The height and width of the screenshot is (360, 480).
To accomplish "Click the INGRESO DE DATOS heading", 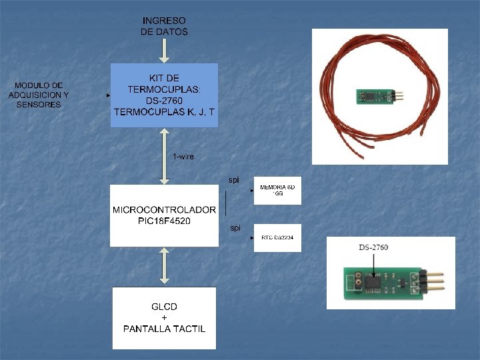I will pos(164,26).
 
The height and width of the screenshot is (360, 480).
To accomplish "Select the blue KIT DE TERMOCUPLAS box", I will pos(164,95).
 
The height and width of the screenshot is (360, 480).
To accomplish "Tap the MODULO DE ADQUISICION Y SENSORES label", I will pos(39,95).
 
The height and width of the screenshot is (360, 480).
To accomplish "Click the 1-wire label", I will pos(183,157).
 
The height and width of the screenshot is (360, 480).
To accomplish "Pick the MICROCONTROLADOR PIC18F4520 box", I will pos(164,215).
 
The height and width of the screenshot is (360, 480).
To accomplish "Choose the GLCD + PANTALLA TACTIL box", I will pos(164,318).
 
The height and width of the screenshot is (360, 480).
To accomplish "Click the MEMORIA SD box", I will pos(277,191).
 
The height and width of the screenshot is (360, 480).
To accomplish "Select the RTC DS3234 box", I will pos(277,237).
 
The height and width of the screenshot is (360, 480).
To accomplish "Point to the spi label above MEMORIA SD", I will pos(233,180).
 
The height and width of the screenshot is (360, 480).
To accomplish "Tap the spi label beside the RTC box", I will pos(235,228).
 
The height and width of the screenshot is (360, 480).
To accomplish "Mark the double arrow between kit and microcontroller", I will pos(164,156).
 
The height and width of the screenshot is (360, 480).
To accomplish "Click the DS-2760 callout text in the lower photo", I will pos(373,248).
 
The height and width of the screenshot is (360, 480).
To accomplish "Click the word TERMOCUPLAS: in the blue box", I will pos(164,89).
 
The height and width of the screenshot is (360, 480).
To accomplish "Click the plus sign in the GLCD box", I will pos(164,318).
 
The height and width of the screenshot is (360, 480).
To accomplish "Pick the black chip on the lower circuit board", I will pos(375,283).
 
